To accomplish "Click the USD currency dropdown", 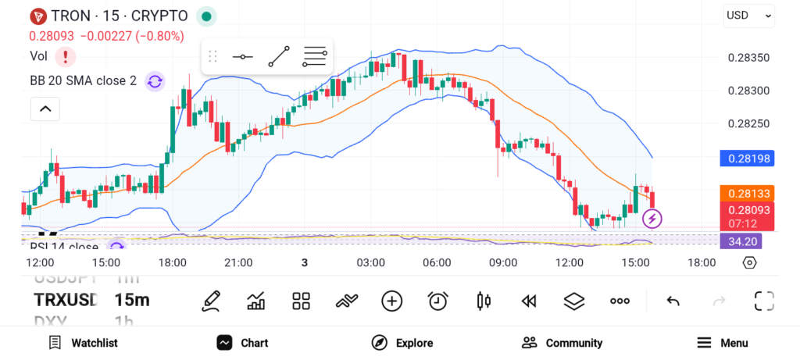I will coord(748,15).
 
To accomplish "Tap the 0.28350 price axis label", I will coord(748,57).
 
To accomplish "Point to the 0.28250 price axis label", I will coord(748,123).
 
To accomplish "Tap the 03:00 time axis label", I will coord(370,262).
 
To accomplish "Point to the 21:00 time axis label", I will coord(238,262).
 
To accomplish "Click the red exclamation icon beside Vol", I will coord(66,56).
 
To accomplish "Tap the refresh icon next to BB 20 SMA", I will coord(155,80).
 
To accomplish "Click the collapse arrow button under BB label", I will coord(45,109).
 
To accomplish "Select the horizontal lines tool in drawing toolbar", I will coord(314,56).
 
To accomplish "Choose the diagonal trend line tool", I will coord(279,56).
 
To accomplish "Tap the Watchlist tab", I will coord(83,343).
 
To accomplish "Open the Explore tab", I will coord(402,343).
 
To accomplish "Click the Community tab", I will coord(562,343).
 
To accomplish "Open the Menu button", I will coord(722,343).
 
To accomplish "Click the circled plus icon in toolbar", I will coord(391,301).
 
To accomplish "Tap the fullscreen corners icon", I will coord(763,301).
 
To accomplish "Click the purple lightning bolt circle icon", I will coord(652,219).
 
